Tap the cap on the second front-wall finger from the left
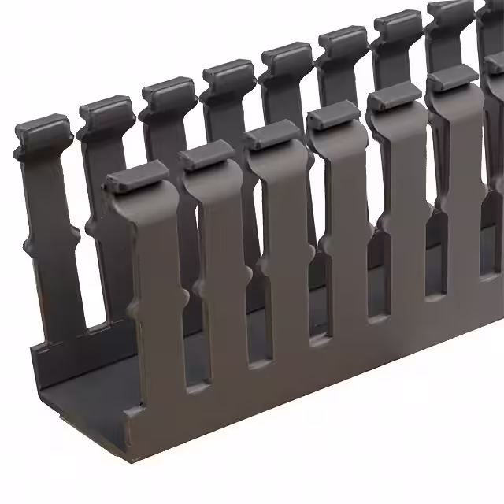coord(206,155)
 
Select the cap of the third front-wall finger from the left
coord(271,135)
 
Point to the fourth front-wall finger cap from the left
coord(333,115)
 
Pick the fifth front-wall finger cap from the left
coord(394,95)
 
